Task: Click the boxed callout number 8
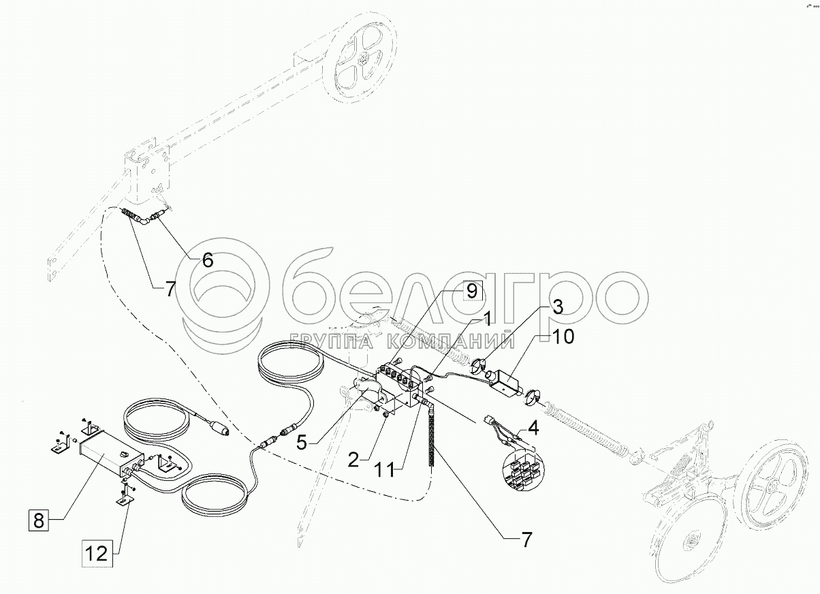click(x=38, y=522)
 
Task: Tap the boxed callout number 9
click(x=471, y=291)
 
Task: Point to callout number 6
click(x=207, y=260)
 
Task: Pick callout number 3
click(x=557, y=306)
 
